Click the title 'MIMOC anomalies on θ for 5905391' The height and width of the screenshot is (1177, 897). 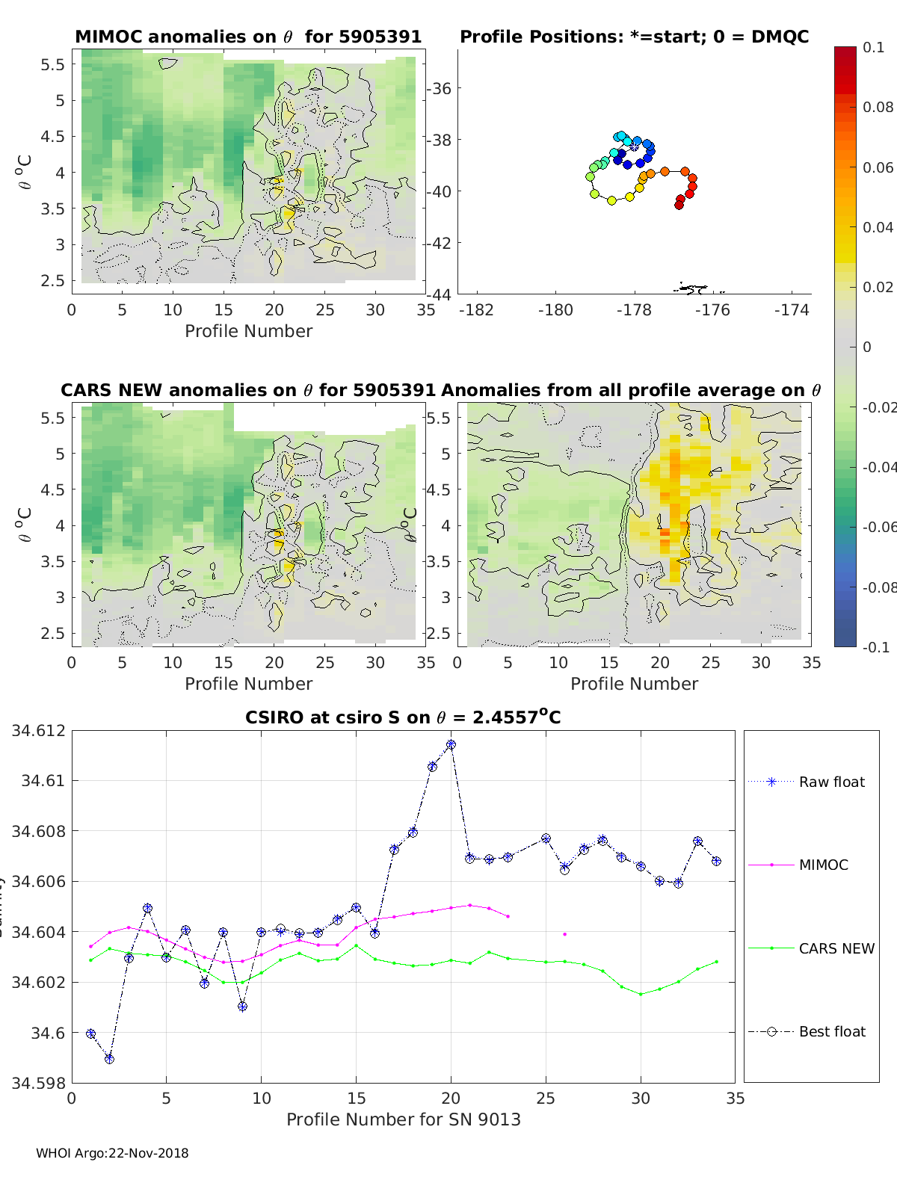pyautogui.click(x=248, y=37)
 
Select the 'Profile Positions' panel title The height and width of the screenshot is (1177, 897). pyautogui.click(x=634, y=37)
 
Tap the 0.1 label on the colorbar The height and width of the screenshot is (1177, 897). pyautogui.click(x=873, y=47)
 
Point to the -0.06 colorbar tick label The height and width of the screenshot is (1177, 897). pyautogui.click(x=878, y=527)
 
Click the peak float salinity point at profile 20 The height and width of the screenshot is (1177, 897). pyautogui.click(x=451, y=745)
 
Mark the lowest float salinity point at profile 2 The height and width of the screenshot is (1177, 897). pyautogui.click(x=110, y=1059)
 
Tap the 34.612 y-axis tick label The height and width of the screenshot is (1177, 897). pyautogui.click(x=38, y=730)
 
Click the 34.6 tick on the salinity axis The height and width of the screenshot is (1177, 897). pyautogui.click(x=47, y=1033)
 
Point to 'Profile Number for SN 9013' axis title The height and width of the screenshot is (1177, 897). pyautogui.click(x=403, y=1119)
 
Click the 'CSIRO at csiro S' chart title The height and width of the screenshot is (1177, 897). pyautogui.click(x=403, y=717)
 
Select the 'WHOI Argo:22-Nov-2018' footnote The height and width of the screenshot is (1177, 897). pyautogui.click(x=112, y=1153)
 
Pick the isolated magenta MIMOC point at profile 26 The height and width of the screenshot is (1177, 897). pyautogui.click(x=564, y=934)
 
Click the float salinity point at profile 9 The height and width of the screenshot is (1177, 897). pyautogui.click(x=242, y=1007)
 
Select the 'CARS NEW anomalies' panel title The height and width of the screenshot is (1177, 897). pyautogui.click(x=248, y=390)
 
